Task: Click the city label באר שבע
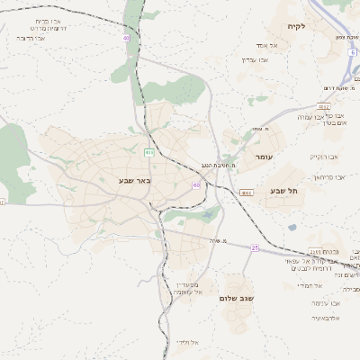tap(134, 180)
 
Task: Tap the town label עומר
tap(264, 157)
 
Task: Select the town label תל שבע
tap(283, 191)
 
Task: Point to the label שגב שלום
tap(238, 298)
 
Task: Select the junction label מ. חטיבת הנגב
tap(216, 165)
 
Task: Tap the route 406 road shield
tap(149, 153)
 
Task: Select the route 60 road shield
tap(195, 185)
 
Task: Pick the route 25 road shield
tap(255, 247)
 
